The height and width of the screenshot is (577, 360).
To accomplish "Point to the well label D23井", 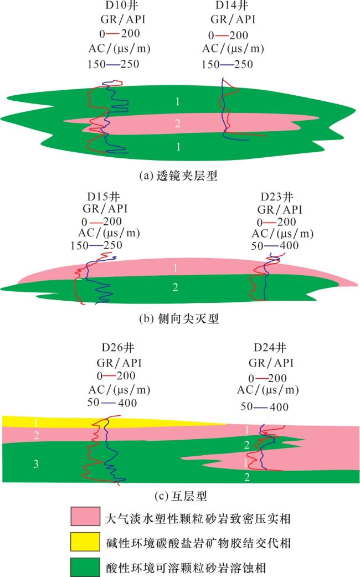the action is coord(277,197).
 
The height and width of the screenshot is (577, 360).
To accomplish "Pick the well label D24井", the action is coord(270,347).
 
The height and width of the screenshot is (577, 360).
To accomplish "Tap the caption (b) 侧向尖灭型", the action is coord(179,318).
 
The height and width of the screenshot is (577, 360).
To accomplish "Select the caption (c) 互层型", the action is coord(181,496).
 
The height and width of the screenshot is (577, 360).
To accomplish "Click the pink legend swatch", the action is coord(85,516).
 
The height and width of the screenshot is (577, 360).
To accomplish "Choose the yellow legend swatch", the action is coord(85,542).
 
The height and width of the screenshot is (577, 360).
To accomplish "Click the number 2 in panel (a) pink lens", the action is coord(177,123).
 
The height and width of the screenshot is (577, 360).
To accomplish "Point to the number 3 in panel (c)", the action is coord(35,463).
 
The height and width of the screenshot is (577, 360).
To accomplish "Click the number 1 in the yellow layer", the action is coord(35,423).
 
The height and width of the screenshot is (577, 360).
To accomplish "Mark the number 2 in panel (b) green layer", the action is coord(175,287).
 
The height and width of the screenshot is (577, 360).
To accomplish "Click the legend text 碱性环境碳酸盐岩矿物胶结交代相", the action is coord(198,543).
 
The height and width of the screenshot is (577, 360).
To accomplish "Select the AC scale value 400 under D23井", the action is coord(289,245).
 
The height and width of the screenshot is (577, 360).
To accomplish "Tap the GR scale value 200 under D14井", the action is coord(239,35).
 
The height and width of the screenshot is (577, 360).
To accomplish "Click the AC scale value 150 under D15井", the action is coord(80,245).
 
